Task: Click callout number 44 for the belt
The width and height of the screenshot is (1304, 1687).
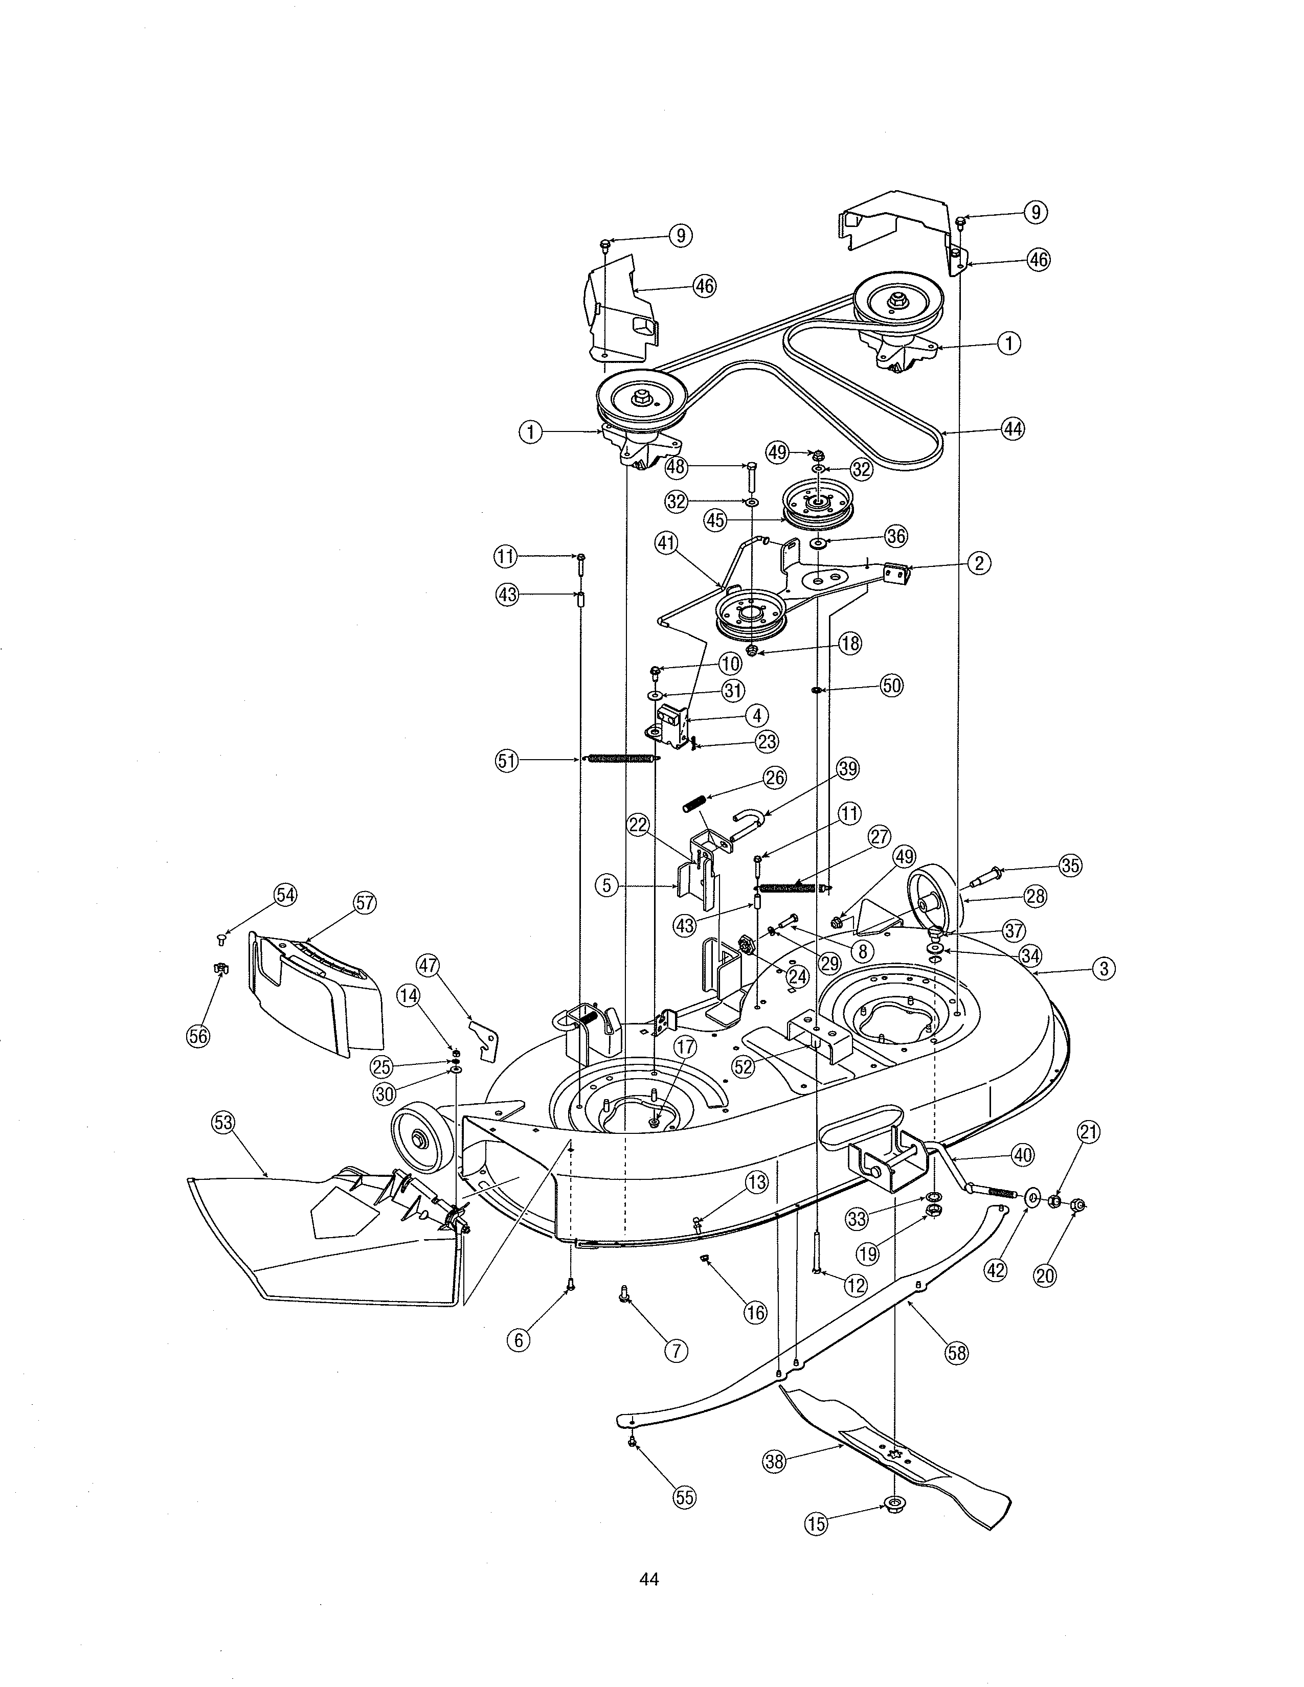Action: [x=1012, y=429]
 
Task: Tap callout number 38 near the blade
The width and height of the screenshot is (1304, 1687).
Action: [x=774, y=1461]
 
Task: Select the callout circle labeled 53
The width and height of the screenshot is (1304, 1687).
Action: [x=223, y=1124]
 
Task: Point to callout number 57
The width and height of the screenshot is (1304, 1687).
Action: [x=365, y=902]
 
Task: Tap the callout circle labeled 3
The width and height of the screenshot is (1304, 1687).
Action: [x=1105, y=968]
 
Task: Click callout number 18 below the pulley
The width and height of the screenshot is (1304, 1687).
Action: [x=850, y=644]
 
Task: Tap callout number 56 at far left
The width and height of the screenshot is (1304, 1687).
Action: [x=198, y=1036]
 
